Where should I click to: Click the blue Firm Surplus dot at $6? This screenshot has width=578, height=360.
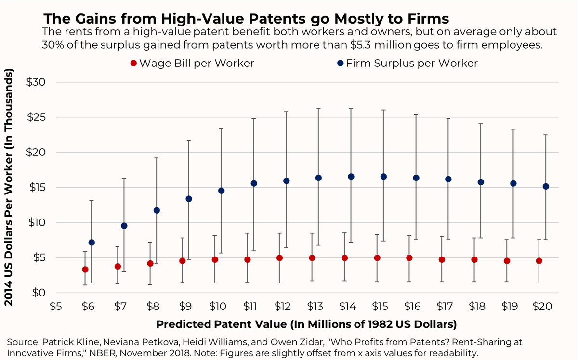[x=92, y=243]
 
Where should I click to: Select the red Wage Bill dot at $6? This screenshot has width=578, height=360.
[x=85, y=270]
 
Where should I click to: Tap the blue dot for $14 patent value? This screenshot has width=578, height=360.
[x=351, y=177]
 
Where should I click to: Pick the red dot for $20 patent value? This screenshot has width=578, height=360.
[x=539, y=261]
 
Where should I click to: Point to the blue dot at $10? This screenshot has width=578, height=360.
[x=222, y=191]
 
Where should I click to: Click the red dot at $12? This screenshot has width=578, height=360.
[x=279, y=258]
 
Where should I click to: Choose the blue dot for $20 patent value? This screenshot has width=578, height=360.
[x=546, y=186]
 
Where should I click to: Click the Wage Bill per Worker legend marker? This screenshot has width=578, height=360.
[x=133, y=64]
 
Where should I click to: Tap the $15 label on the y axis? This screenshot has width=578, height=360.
[x=38, y=188]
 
